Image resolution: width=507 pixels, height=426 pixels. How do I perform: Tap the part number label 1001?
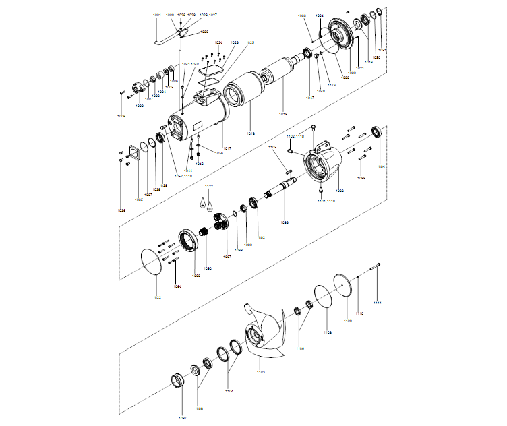pyautogui.click(x=157, y=14)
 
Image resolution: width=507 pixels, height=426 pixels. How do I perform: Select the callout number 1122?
pyautogui.click(x=209, y=186)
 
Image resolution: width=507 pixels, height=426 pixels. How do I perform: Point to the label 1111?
pyautogui.click(x=378, y=303)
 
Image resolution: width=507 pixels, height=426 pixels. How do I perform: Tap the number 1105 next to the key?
pyautogui.click(x=273, y=146)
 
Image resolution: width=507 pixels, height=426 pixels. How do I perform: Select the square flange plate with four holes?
pyautogui.click(x=130, y=154)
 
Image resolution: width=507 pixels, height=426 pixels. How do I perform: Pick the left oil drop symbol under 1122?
pyautogui.click(x=202, y=201)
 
